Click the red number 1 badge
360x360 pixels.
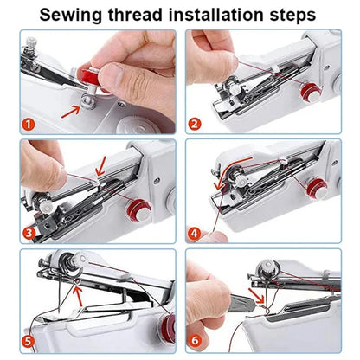coord(28,124)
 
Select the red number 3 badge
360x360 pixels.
coord(28,232)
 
